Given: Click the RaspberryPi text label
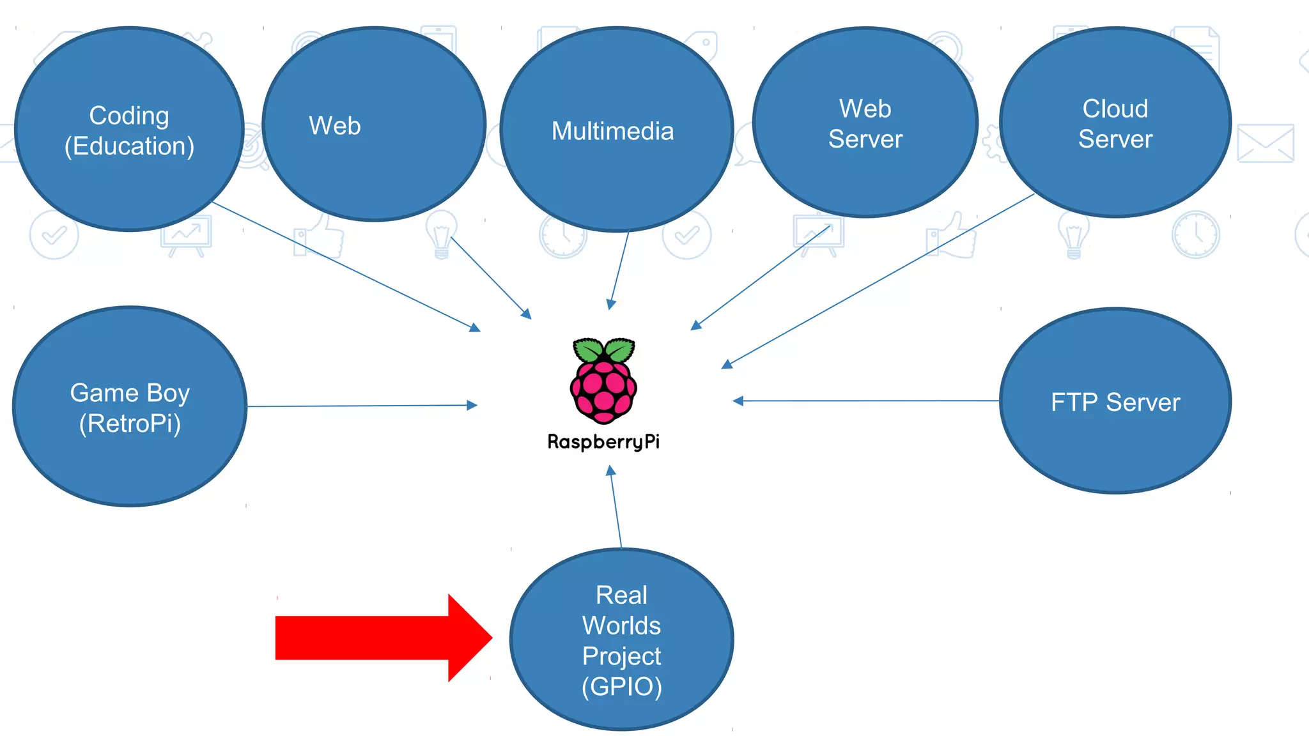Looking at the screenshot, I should click(x=603, y=441).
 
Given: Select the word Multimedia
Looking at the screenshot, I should click(x=612, y=131).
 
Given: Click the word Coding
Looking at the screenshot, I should click(x=129, y=116).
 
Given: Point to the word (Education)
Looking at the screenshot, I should click(x=129, y=146).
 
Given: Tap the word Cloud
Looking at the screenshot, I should click(x=1115, y=109).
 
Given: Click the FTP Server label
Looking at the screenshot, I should click(x=1115, y=402).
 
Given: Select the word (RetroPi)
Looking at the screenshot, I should click(x=130, y=424).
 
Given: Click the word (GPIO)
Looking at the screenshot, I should click(x=621, y=687).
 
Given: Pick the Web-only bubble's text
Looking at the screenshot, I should click(x=335, y=126).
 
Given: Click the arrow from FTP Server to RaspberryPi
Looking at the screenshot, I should click(x=863, y=401).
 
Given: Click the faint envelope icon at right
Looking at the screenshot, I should click(x=1265, y=143).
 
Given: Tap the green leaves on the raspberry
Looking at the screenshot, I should click(x=603, y=349).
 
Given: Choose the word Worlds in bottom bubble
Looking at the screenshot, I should click(x=621, y=625).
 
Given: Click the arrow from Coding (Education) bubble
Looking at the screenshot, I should click(x=345, y=266).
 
